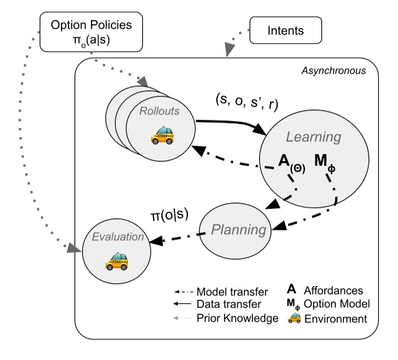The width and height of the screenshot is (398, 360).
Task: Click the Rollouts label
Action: (x=160, y=112)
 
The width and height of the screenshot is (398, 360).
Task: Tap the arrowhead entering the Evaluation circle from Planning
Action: (x=154, y=240)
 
